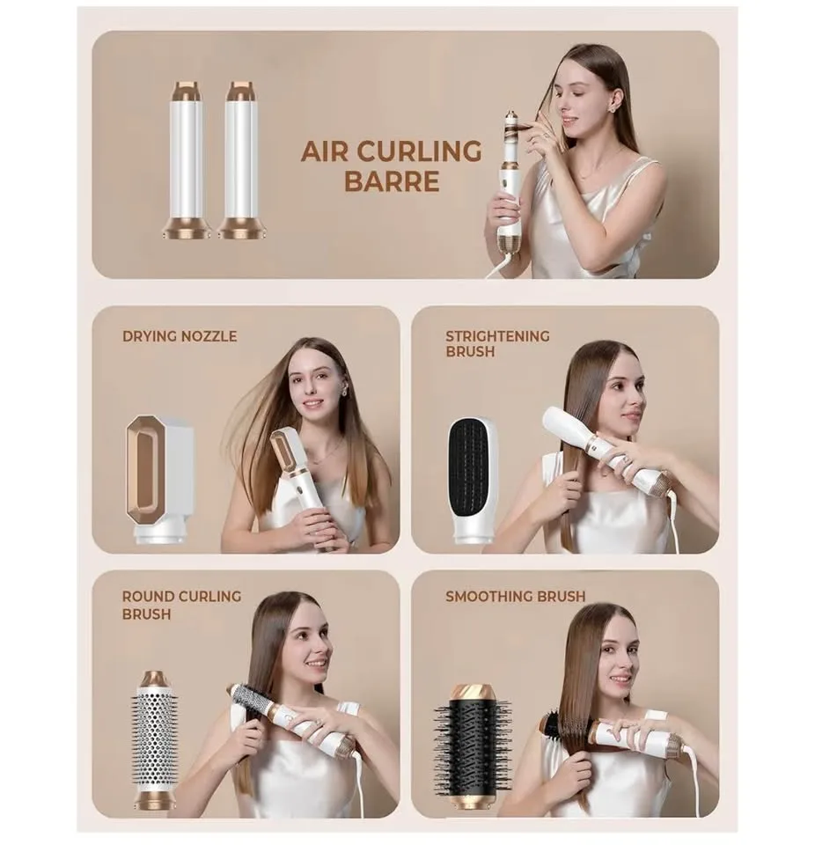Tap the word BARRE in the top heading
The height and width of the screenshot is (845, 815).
392,181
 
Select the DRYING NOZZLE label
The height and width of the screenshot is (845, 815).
180,335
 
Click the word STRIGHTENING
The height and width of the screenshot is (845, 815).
496,335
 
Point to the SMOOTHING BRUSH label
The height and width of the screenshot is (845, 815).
515,596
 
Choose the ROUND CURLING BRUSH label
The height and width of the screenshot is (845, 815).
181,605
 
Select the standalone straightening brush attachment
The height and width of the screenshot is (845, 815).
473,480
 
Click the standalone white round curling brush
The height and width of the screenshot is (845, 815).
155,739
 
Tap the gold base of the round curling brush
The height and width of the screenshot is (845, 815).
155,800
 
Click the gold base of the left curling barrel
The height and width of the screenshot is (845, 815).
187,229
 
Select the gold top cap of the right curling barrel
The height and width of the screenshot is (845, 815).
241,91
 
